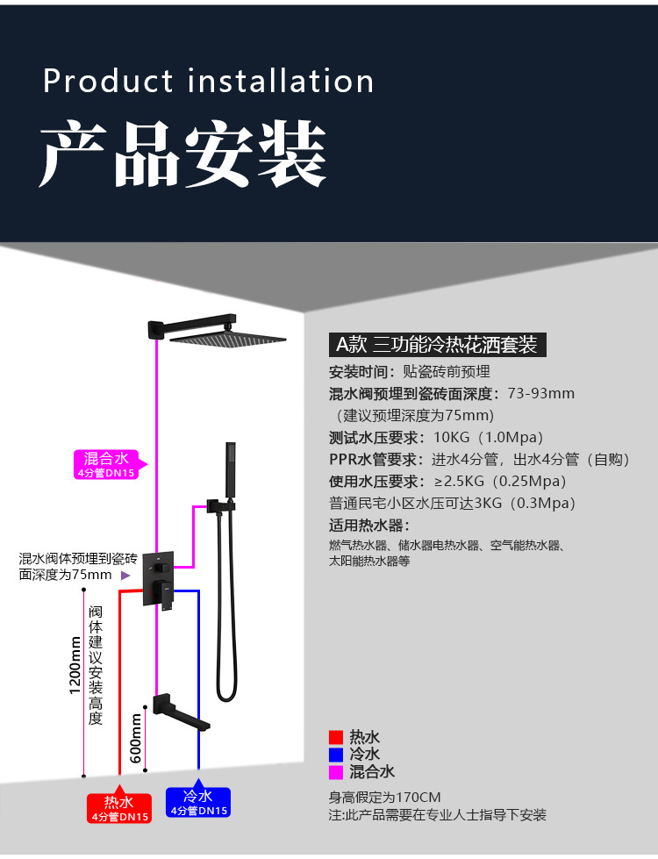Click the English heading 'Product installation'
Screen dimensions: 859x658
tap(209, 81)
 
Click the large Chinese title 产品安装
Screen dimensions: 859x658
tap(182, 154)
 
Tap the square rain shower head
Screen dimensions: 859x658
tap(228, 337)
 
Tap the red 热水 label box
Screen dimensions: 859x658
tap(119, 807)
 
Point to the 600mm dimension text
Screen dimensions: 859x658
tap(136, 737)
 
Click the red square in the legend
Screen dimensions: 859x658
tap(335, 738)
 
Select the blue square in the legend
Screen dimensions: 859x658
tap(335, 755)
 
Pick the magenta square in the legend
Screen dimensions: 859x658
tap(335, 772)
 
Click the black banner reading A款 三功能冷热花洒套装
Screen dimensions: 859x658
tap(437, 344)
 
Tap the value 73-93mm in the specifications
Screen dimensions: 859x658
tap(540, 393)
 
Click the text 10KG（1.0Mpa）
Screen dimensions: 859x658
tap(488, 437)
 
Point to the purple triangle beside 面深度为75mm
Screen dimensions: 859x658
tap(125, 576)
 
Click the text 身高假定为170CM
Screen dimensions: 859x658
tap(384, 798)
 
